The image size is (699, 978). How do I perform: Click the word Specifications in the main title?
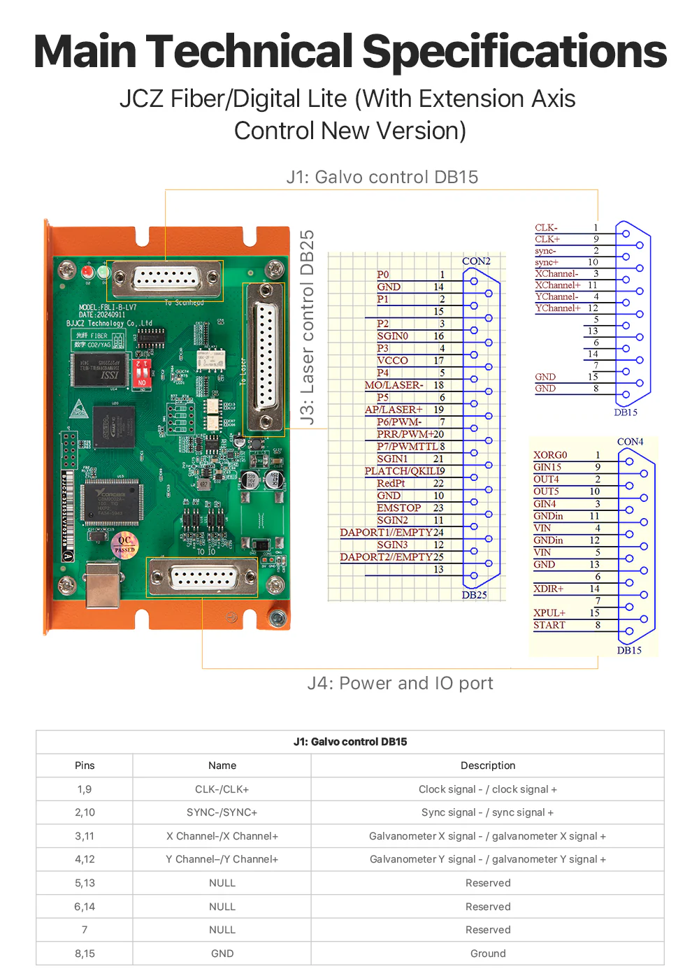click(x=514, y=52)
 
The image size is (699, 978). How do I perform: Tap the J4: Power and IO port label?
click(x=400, y=683)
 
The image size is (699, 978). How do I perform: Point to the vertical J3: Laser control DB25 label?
click(x=307, y=327)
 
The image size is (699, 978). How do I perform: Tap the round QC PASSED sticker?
click(x=124, y=544)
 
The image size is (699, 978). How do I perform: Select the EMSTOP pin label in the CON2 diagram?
click(x=399, y=508)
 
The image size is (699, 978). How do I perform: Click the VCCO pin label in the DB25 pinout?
click(x=392, y=361)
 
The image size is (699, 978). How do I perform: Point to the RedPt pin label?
click(x=391, y=483)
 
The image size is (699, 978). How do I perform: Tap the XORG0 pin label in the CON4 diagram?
click(x=550, y=455)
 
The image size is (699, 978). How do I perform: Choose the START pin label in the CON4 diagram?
click(x=549, y=625)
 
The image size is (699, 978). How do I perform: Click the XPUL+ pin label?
click(x=549, y=613)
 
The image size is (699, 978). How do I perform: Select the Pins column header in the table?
click(x=85, y=765)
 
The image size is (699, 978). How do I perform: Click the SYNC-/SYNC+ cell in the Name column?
click(x=222, y=812)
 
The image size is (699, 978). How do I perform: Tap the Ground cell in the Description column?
click(x=488, y=954)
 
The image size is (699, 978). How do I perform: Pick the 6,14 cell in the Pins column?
click(x=85, y=907)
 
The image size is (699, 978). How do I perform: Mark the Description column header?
click(x=488, y=765)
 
